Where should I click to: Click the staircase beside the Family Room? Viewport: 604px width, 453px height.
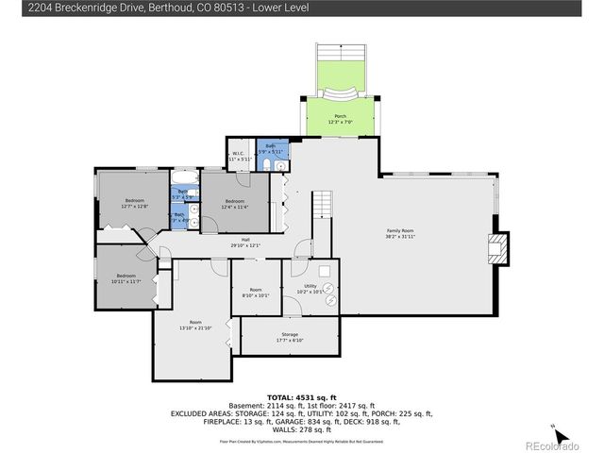[x=324, y=203]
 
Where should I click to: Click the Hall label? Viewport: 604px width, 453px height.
[x=245, y=242]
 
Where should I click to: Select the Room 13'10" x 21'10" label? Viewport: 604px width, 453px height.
[x=195, y=325]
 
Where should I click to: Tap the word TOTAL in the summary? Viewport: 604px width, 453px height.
[x=280, y=397]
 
